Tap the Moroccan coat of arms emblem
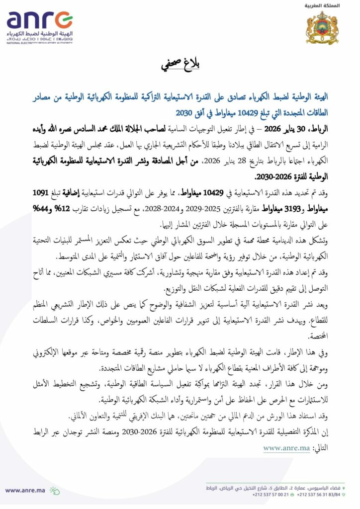(x=322, y=27)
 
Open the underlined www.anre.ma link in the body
(x=286, y=448)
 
